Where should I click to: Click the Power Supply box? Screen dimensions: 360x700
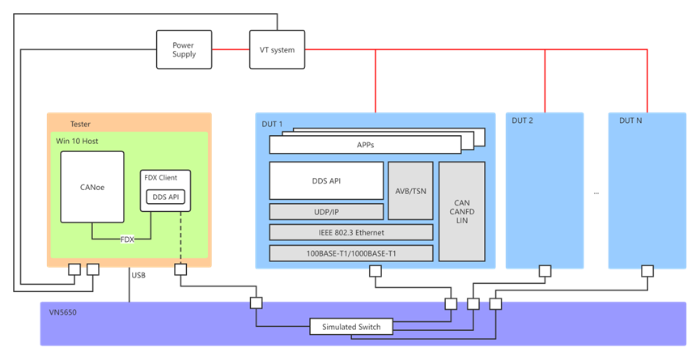[184, 49]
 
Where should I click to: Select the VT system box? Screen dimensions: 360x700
[278, 49]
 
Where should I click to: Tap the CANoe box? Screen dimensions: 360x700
[92, 187]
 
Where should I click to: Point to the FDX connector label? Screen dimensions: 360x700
[127, 239]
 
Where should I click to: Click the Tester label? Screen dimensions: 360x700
[80, 124]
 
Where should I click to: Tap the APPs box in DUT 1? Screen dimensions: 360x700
[365, 144]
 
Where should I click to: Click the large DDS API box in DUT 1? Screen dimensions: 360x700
[326, 180]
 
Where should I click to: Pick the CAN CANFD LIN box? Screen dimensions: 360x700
[462, 211]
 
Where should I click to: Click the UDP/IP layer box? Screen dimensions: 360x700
[326, 211]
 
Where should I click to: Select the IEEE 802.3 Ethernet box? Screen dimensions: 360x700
[351, 232]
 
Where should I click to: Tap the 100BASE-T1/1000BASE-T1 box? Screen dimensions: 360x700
[351, 253]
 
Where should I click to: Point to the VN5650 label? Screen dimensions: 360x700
[67, 310]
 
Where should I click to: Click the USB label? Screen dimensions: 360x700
[140, 274]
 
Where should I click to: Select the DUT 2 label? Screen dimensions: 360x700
[523, 121]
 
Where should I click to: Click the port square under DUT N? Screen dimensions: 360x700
[647, 271]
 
